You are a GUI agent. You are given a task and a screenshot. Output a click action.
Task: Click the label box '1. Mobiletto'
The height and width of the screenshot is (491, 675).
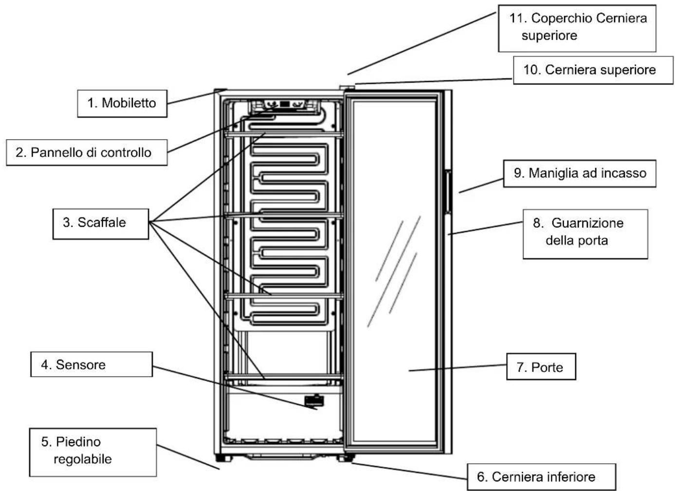point(122,103)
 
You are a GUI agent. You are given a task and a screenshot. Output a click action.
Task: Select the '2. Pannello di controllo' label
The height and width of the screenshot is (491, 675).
point(87,152)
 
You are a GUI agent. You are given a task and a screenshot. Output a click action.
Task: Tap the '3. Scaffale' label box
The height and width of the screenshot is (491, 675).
point(101,224)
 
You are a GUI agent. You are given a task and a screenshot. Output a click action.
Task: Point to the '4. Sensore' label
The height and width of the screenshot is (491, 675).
point(91,364)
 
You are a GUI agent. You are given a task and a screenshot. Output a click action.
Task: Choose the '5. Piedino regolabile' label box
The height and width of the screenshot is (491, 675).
point(93,452)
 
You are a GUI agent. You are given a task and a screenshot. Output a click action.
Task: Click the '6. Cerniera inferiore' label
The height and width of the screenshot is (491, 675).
point(542,477)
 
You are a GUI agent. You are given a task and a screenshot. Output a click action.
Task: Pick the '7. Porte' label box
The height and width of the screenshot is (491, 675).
point(541,366)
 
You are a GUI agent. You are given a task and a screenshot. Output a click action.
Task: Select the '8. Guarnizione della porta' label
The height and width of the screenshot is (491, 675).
point(585,234)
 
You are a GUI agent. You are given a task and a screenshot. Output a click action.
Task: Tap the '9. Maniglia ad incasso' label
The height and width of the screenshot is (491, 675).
point(580,173)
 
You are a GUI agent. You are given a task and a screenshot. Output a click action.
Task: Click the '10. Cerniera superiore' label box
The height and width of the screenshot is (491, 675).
point(593,70)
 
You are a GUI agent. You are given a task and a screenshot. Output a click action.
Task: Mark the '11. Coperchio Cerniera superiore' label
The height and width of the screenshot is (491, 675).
point(577,28)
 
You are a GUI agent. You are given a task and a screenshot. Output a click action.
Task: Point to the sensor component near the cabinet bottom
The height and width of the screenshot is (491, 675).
point(314,400)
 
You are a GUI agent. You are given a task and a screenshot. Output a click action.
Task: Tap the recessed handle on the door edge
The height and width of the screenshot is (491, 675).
point(449,192)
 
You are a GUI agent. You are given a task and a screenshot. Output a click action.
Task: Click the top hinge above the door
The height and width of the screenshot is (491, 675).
point(347,88)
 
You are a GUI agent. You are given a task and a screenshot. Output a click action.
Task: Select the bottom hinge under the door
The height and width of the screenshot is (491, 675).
point(346,458)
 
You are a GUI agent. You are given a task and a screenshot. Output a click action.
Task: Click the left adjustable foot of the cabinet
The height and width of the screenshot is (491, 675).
point(223,458)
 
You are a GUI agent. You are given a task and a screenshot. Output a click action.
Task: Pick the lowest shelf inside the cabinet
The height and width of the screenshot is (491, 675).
point(284,377)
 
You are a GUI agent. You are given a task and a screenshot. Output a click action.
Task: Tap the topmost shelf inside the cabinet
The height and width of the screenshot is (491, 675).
point(284,134)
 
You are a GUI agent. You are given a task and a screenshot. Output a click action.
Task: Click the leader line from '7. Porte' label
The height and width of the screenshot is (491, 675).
point(457,367)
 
